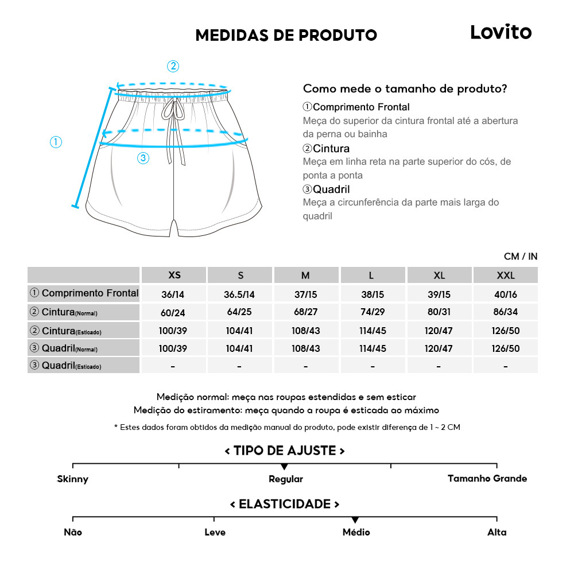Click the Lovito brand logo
(501, 32)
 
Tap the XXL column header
(505, 276)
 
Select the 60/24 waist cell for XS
(173, 312)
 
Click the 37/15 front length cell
(305, 294)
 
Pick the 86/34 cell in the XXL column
(505, 312)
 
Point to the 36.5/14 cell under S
(239, 294)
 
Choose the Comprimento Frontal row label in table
(84, 293)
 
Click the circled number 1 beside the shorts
(56, 142)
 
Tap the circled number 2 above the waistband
(173, 66)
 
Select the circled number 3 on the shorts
(143, 158)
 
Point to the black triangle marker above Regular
(284, 467)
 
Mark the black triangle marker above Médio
(355, 519)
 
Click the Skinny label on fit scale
(73, 479)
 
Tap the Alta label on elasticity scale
(497, 532)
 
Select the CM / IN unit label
(521, 257)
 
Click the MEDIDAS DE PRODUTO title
(286, 36)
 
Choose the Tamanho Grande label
(487, 478)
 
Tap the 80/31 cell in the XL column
(439, 312)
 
